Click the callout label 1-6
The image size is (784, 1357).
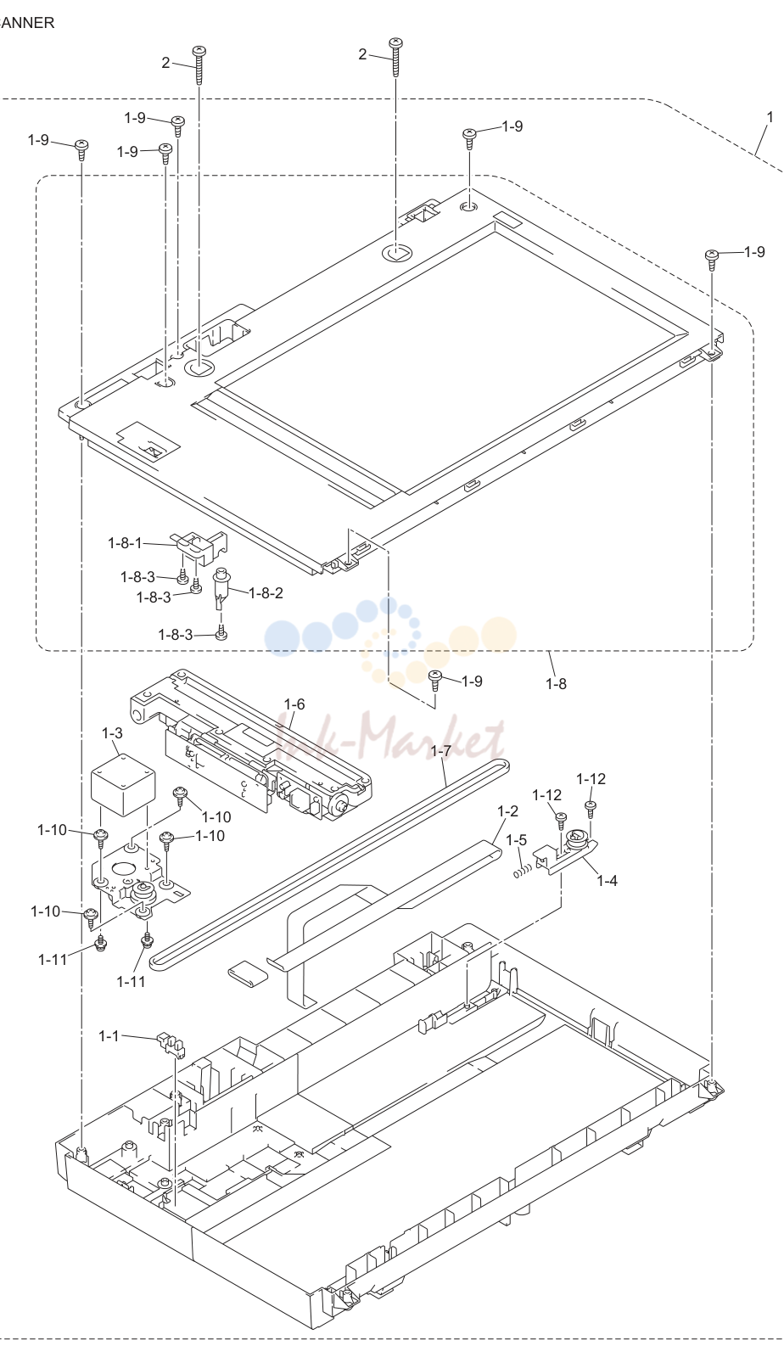click(294, 704)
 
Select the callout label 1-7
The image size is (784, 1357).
click(440, 750)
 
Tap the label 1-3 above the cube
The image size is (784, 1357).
click(112, 733)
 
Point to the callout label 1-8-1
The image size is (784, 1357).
click(125, 543)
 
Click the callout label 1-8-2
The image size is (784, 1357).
click(266, 593)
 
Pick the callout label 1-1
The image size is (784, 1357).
click(109, 1036)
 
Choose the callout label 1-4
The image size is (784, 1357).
click(607, 881)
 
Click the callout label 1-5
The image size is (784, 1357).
click(517, 840)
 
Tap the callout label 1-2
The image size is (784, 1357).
click(507, 811)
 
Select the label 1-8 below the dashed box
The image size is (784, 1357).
click(557, 683)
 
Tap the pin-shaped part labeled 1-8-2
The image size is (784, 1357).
click(221, 587)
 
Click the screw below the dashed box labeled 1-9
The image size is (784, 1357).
click(434, 681)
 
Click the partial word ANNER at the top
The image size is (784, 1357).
click(26, 23)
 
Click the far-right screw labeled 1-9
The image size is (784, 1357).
click(712, 260)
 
